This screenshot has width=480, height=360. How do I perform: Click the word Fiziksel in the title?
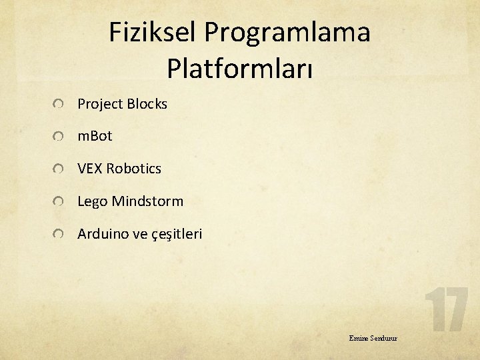point(153,33)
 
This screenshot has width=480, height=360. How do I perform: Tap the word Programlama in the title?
point(287,33)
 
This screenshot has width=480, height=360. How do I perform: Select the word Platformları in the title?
point(240,68)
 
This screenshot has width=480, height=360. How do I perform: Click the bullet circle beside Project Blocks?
point(59,105)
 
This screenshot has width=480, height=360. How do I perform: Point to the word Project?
point(100,105)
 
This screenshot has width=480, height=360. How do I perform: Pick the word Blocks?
point(147,104)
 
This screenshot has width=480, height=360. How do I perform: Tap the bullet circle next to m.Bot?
point(59,137)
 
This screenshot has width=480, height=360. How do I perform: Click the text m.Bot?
point(95,136)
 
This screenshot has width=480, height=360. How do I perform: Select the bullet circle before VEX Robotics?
point(59,169)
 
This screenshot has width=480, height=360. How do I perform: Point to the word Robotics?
point(133,169)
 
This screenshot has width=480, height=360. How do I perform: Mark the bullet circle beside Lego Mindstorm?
point(59,202)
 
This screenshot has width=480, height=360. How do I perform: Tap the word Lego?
point(93,201)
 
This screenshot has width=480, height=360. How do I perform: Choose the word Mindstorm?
point(147,201)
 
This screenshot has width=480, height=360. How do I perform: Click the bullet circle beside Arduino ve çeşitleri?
point(59,235)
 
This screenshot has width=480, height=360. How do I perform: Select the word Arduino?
point(103,234)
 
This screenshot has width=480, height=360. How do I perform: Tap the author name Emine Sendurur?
point(373,338)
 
